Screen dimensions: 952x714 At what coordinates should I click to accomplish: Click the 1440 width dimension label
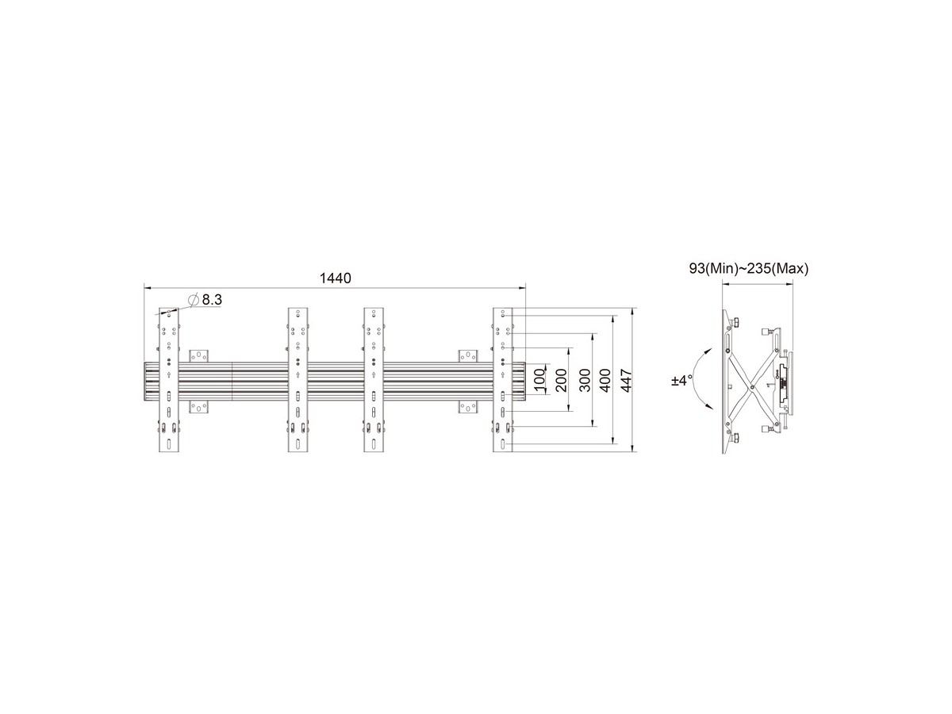(335, 278)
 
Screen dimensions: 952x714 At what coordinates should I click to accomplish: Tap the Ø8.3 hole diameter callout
(205, 300)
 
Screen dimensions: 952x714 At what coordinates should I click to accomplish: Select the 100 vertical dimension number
(538, 380)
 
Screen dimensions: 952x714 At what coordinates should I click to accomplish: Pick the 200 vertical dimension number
(561, 380)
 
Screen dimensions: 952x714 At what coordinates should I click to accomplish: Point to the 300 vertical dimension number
(585, 380)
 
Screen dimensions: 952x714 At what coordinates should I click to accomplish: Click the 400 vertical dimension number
(606, 380)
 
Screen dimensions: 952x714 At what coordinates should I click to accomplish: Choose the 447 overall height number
(626, 380)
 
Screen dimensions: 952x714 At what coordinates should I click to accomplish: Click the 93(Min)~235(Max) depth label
(749, 269)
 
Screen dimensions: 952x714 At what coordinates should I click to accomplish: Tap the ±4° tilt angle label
(681, 381)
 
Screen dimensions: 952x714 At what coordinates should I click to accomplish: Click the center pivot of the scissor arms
(752, 385)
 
